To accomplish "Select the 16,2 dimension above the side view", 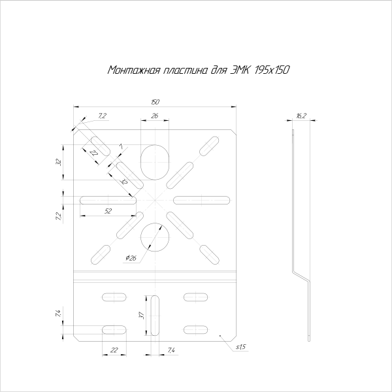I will (x=301, y=116).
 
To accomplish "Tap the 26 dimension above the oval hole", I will (x=155, y=116).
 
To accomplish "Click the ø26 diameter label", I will (x=131, y=258).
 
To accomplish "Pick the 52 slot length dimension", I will (x=108, y=210).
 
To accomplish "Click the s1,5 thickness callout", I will (x=241, y=346).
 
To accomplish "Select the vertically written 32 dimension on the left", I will (x=59, y=161).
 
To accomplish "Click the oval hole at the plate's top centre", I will (x=155, y=160).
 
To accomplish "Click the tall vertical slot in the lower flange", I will (x=155, y=315).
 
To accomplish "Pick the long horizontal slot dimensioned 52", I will (x=108, y=199).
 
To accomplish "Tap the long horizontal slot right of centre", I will (x=203, y=199).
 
